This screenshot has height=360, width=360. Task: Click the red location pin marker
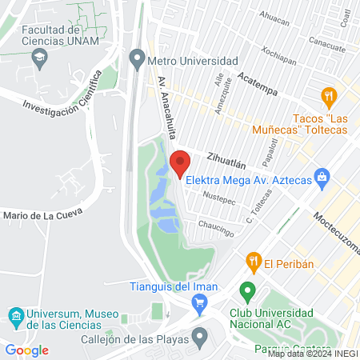[179, 162]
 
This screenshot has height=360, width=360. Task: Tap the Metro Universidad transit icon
[137, 61]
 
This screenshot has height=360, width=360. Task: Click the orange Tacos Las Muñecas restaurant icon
[327, 98]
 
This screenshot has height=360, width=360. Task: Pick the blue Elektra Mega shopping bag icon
[322, 177]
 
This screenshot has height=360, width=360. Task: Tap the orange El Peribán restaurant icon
[254, 260]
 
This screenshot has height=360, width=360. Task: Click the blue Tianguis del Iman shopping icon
[200, 302]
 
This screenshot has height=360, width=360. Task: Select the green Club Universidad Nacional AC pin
[248, 290]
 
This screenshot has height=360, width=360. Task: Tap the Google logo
[26, 350]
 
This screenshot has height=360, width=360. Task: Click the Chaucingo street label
[216, 227]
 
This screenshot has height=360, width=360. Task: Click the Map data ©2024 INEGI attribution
[313, 353]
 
